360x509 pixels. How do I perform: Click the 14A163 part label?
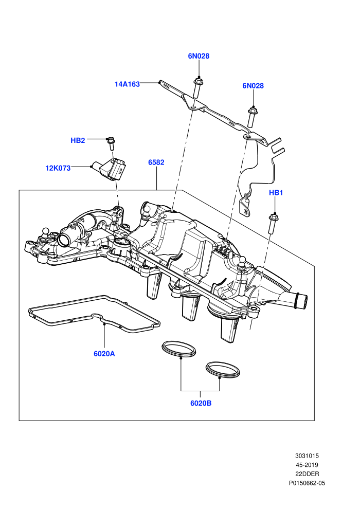[x=127, y=84]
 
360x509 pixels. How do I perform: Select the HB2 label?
[x=78, y=140]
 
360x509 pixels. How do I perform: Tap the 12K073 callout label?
[x=58, y=168]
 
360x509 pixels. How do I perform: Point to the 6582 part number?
[x=156, y=162]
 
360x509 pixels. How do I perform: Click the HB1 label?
[x=276, y=192]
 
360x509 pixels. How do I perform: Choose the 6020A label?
[x=104, y=354]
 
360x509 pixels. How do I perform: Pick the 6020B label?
[x=201, y=403]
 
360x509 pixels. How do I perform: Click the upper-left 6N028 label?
[x=199, y=56]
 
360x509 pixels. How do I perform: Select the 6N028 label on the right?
[x=253, y=86]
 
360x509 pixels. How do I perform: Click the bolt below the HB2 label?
[x=111, y=143]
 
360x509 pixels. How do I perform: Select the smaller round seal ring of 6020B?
[x=223, y=370]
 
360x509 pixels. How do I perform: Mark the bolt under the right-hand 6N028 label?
[x=252, y=117]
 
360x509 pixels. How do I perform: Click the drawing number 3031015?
[x=307, y=456]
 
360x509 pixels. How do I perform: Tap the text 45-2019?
[x=307, y=465]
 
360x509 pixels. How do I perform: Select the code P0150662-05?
[x=307, y=483]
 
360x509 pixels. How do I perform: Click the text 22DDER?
[x=307, y=474]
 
